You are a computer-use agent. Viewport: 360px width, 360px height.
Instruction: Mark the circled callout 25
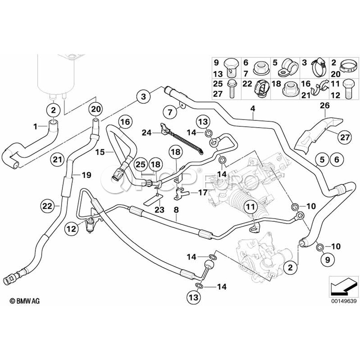tap(140, 164)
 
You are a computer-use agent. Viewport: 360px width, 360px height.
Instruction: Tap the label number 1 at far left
tap(35, 126)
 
